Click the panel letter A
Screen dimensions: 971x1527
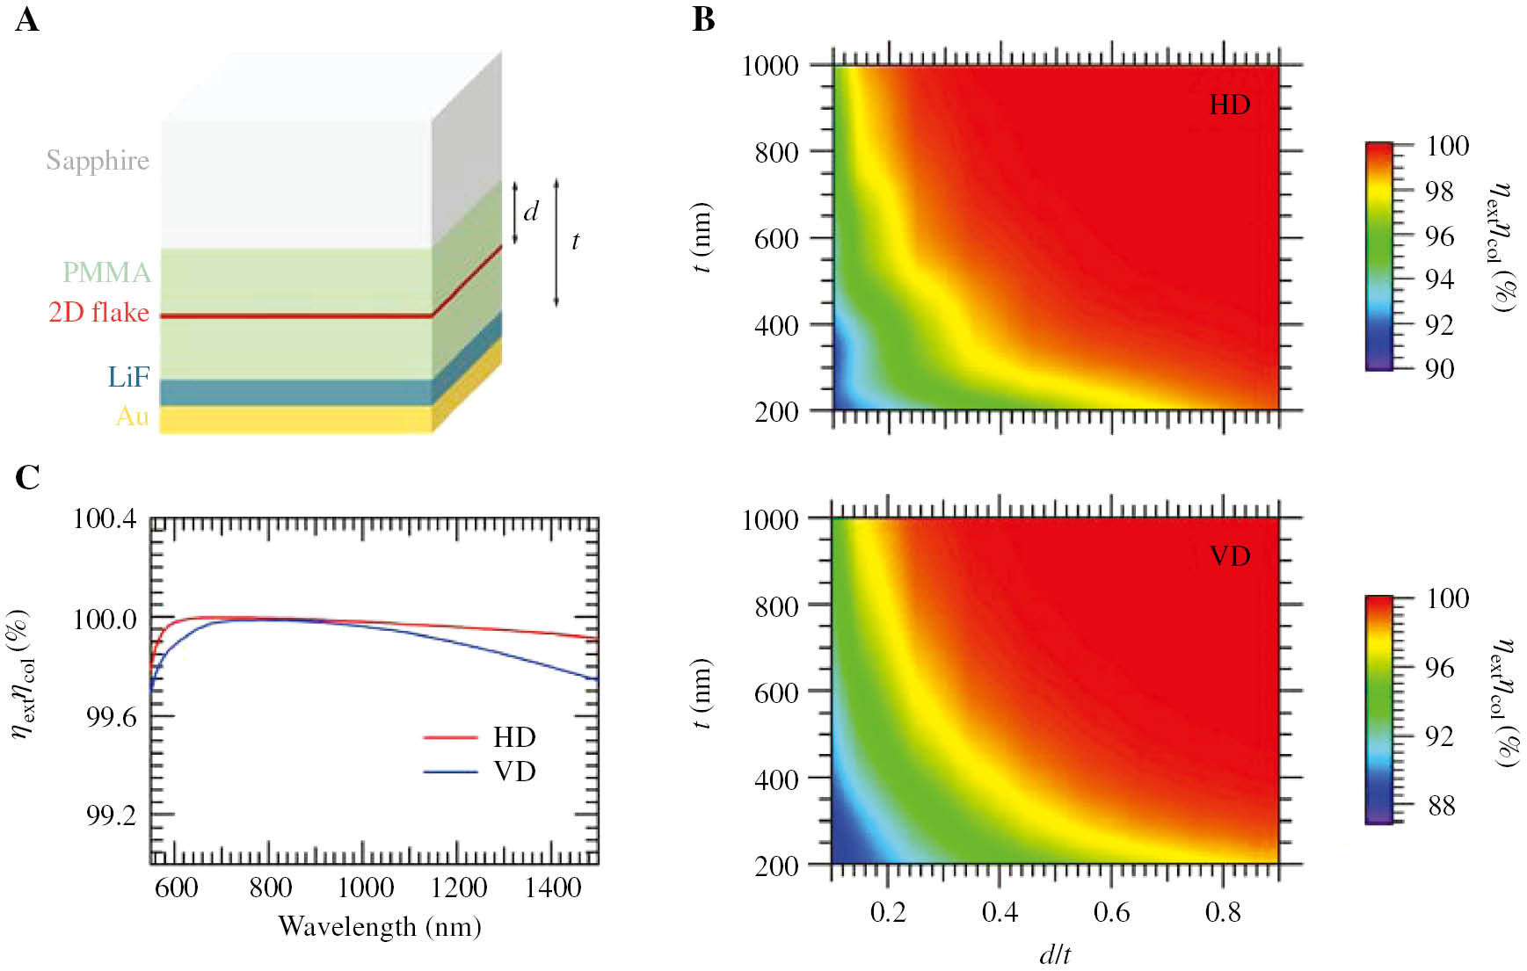(x=26, y=19)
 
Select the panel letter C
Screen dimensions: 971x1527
(x=27, y=477)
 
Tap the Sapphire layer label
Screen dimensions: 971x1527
(x=98, y=161)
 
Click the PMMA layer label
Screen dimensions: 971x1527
(x=106, y=272)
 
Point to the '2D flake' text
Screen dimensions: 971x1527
(x=98, y=312)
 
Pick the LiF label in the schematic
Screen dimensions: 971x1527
(x=128, y=377)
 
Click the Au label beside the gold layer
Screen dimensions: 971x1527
(x=132, y=416)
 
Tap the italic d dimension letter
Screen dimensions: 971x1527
(x=531, y=212)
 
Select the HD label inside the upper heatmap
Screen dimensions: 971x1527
(x=1229, y=105)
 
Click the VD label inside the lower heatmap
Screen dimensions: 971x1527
(x=1229, y=556)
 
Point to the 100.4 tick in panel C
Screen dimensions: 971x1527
(x=105, y=519)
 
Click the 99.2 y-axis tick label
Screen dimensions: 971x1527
(x=111, y=815)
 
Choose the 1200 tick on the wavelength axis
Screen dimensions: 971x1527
(x=459, y=888)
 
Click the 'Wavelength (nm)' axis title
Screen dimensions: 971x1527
(x=380, y=927)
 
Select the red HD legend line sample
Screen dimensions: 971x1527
(x=450, y=737)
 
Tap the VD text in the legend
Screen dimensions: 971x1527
(x=514, y=772)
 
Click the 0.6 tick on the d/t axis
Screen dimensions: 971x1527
(x=1111, y=913)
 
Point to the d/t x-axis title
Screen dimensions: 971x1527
(x=1055, y=954)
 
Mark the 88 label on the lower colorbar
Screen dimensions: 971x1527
(x=1441, y=806)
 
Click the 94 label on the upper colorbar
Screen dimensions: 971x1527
(x=1439, y=279)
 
